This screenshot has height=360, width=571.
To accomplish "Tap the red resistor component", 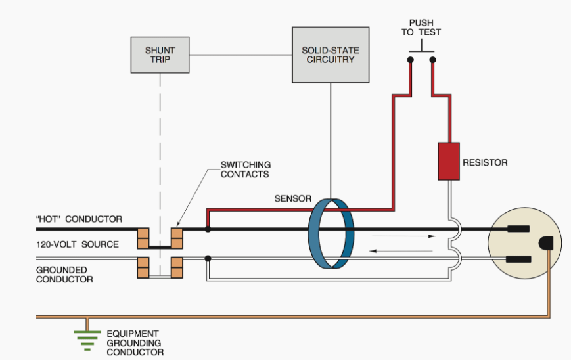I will pyautogui.click(x=449, y=161).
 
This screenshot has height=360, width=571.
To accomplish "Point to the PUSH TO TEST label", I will pyautogui.click(x=421, y=28).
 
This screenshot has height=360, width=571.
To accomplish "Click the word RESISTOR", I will pyautogui.click(x=486, y=162).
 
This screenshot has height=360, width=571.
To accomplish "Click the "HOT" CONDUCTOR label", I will pyautogui.click(x=78, y=219).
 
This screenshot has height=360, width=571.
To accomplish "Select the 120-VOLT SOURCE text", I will pyautogui.click(x=78, y=244).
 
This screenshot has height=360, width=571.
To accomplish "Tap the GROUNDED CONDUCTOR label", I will pyautogui.click(x=64, y=275).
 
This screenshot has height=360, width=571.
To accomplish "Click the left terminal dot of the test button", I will pyautogui.click(x=410, y=60).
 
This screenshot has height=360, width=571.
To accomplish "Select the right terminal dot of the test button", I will pyautogui.click(x=432, y=60).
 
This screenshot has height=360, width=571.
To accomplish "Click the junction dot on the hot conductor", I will pyautogui.click(x=208, y=229).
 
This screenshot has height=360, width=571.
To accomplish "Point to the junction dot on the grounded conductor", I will pyautogui.click(x=208, y=258).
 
